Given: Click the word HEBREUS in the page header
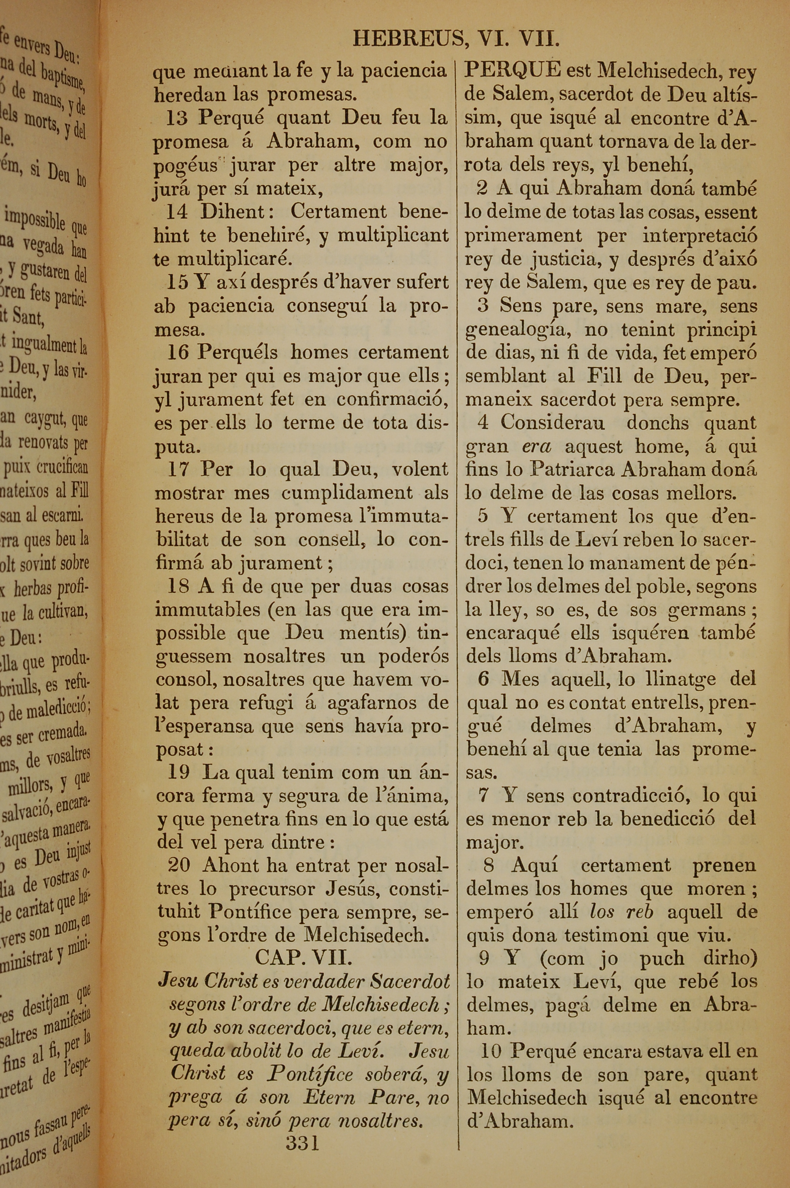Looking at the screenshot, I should tap(408, 39).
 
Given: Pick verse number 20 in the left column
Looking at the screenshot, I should tap(179, 865).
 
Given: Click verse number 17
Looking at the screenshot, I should tap(178, 469).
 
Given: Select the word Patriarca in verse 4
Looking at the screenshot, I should tap(572, 469).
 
